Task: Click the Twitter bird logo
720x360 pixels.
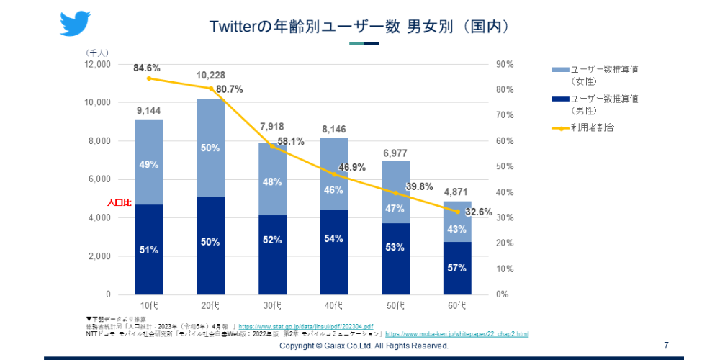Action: [75, 23]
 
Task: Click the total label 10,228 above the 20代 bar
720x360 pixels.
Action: [210, 76]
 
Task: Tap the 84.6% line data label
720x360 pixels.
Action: [147, 68]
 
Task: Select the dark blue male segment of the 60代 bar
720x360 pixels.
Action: [457, 268]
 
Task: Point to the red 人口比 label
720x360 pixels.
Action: [119, 203]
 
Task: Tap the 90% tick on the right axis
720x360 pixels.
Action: [505, 64]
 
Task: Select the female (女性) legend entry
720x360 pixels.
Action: [595, 75]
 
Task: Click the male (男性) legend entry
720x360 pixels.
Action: [595, 104]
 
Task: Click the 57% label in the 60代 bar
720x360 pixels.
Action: [457, 268]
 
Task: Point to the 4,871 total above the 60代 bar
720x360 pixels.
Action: [457, 192]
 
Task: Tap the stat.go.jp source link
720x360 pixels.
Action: [305, 327]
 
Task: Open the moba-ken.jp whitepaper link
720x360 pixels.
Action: [456, 334]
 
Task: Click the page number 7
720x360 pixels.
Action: [666, 346]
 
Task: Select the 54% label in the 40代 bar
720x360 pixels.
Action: [334, 238]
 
